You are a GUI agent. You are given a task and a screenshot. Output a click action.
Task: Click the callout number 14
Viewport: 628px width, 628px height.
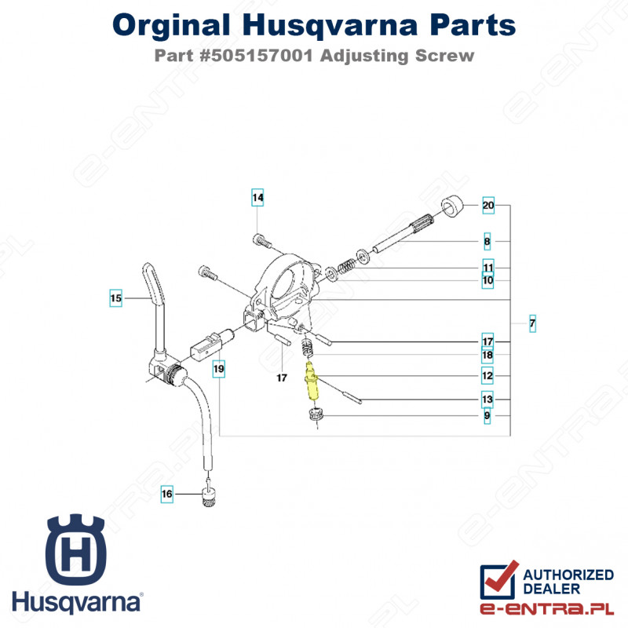point(257,197)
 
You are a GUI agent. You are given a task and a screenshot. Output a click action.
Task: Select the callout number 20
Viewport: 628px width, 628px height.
point(488,206)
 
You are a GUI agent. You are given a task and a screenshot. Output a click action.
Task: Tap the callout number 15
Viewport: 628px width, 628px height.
point(115,298)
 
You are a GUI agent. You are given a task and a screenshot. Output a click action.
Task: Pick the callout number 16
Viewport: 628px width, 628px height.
point(167,494)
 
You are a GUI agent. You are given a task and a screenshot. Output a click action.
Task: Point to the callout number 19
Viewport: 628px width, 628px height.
point(219,368)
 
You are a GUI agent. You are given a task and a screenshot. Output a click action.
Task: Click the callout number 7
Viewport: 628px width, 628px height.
point(532,323)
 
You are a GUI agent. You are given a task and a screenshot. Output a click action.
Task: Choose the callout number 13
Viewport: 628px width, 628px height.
point(487,400)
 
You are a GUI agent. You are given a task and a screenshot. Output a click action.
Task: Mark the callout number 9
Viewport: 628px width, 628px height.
point(487,415)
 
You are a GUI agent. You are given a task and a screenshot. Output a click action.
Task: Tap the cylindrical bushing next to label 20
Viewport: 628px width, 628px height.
point(452,206)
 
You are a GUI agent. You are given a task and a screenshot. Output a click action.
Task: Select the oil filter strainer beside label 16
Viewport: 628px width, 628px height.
point(209,496)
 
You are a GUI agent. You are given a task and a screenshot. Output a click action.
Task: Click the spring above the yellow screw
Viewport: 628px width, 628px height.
point(307,347)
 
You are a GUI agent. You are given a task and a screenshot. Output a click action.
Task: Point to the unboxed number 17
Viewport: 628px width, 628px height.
point(282,378)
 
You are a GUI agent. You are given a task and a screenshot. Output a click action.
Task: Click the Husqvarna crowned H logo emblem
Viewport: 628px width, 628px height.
point(75,549)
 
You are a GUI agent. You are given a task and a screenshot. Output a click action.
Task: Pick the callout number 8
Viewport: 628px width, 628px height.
point(487,241)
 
